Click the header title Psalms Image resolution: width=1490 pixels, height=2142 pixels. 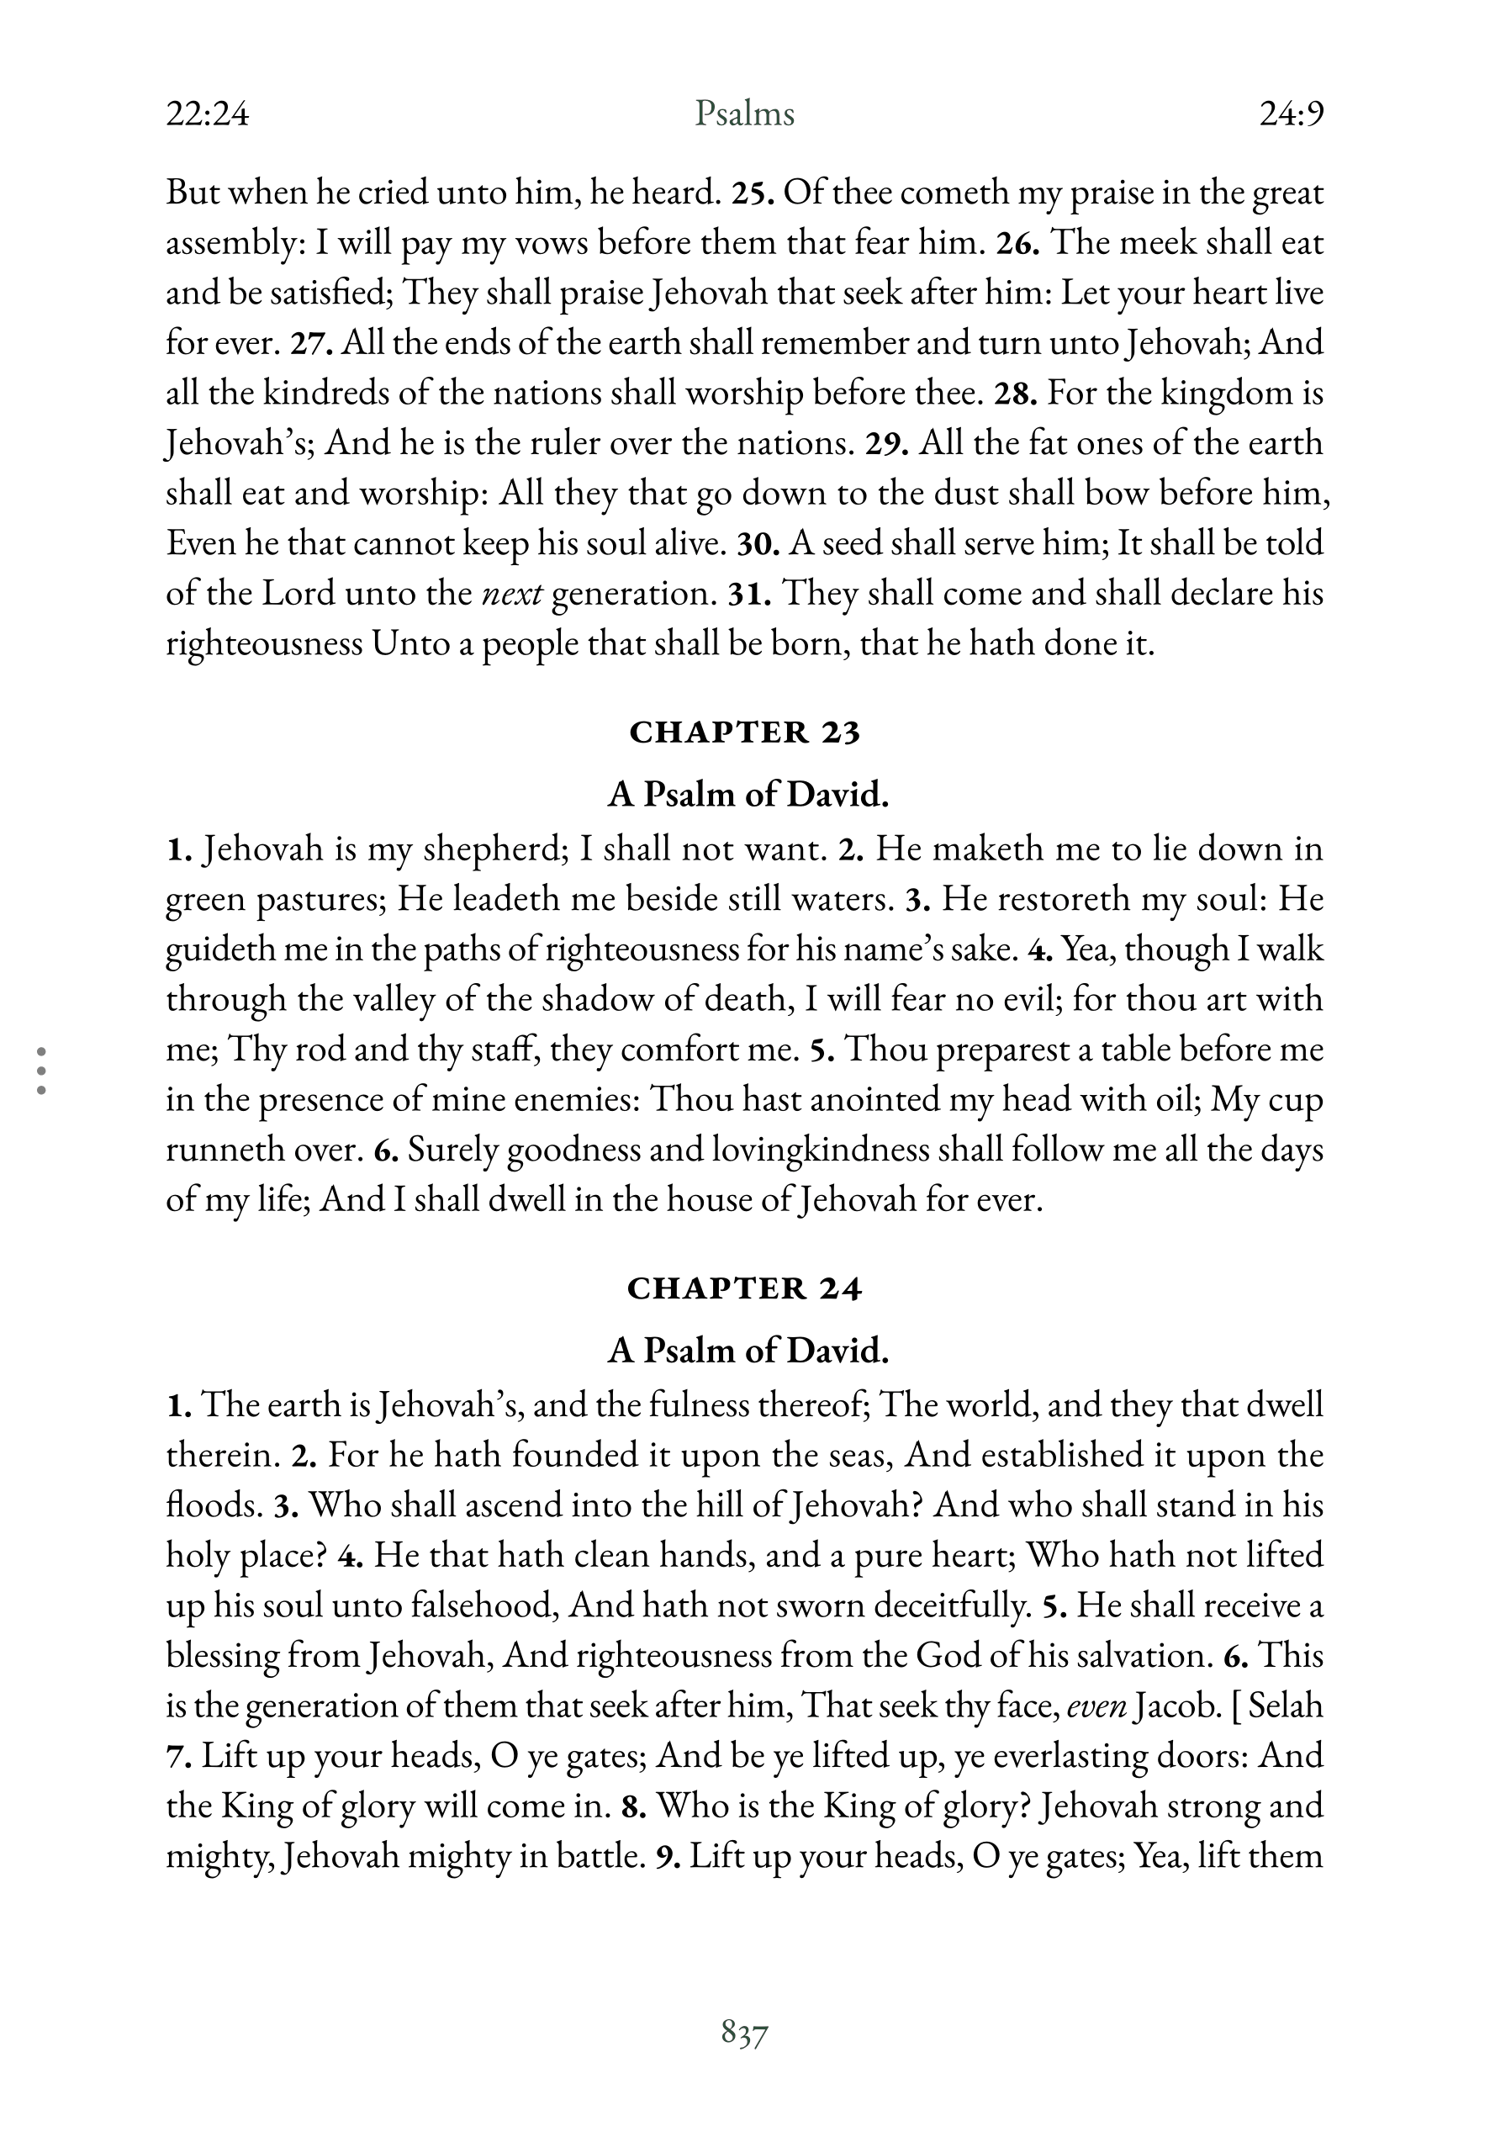[743, 114]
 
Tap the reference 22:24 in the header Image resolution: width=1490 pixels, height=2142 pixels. [207, 114]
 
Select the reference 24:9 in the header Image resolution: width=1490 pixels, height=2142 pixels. [1292, 114]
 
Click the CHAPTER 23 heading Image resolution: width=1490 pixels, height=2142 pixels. [743, 733]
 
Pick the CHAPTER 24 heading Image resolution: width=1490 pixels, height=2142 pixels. [743, 1288]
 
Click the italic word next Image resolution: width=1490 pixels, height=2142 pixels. [512, 595]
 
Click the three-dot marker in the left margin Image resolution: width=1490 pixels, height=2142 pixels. [41, 1070]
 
